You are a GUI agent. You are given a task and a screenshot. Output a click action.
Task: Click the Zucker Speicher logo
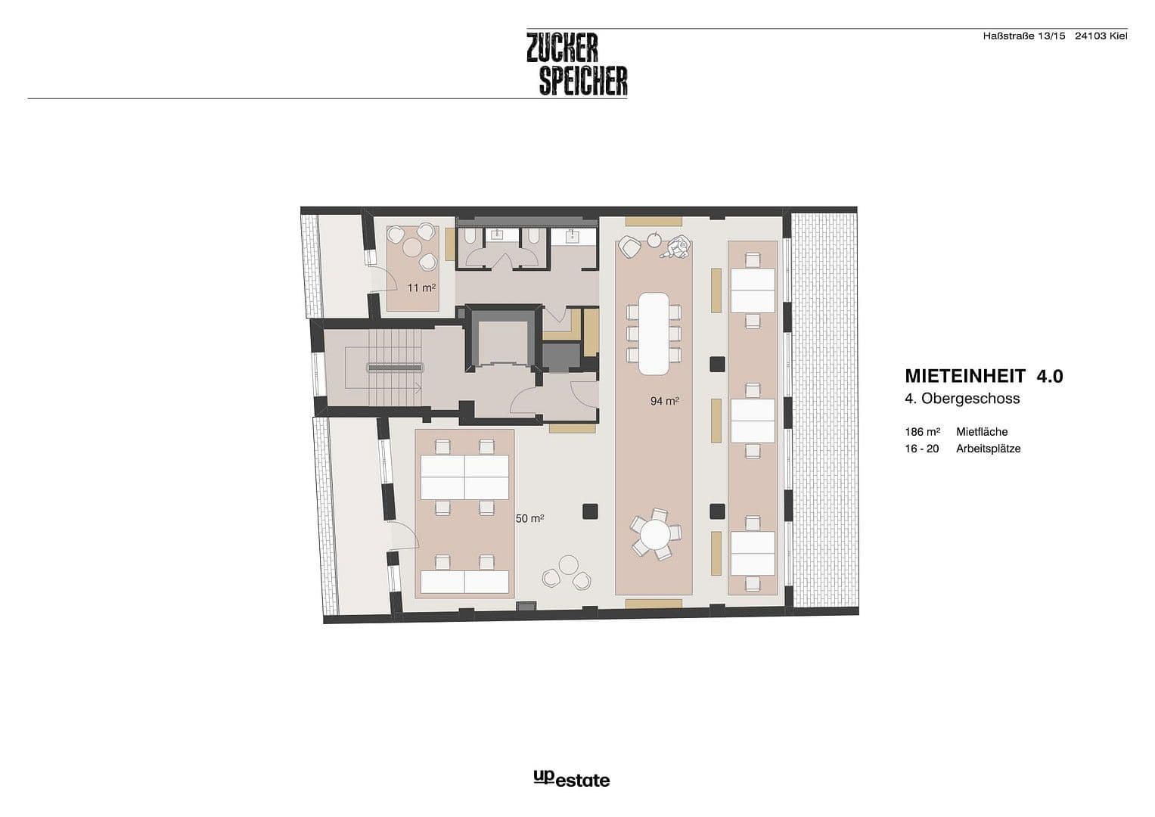[577, 64]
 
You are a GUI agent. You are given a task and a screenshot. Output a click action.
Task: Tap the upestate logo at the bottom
[571, 778]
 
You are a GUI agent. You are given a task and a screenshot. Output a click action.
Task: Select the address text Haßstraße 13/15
[1023, 36]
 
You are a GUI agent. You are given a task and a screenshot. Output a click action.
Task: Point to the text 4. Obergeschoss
[962, 399]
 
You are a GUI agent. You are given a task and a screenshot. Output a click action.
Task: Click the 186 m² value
[922, 432]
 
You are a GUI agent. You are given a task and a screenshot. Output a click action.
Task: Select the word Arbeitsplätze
[988, 449]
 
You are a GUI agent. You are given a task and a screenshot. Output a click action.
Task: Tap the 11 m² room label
[421, 287]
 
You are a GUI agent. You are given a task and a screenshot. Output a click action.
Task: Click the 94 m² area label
[664, 401]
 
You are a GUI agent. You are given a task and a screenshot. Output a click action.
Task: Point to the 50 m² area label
[529, 519]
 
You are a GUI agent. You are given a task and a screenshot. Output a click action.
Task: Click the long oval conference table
[654, 334]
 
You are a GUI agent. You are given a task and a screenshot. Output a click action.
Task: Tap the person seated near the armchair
[678, 247]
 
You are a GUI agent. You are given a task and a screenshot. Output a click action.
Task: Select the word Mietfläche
[982, 432]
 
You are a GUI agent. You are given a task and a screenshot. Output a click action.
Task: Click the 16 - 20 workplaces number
[922, 449]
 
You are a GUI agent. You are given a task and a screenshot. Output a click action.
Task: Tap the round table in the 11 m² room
[412, 247]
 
